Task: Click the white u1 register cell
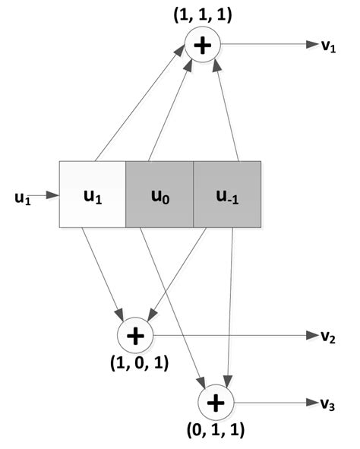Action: click(92, 194)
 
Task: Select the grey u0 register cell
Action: click(159, 194)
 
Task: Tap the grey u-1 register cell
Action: click(226, 194)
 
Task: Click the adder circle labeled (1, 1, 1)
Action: click(202, 45)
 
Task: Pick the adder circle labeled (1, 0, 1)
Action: click(135, 335)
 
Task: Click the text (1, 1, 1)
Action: click(202, 14)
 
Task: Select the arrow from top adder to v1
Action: click(266, 46)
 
